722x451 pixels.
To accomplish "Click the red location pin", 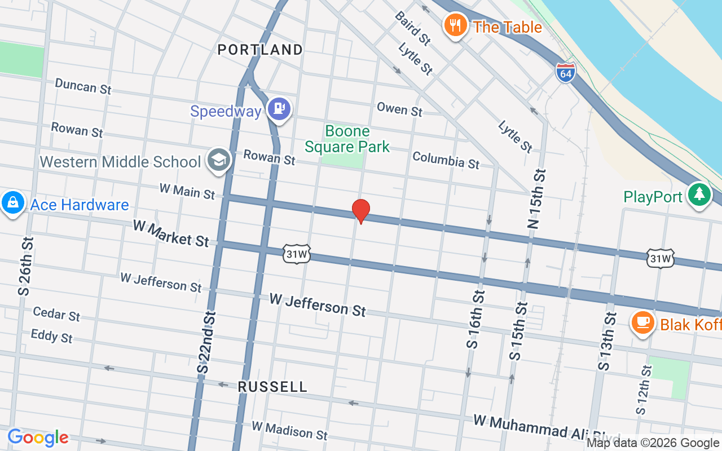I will pyautogui.click(x=361, y=210).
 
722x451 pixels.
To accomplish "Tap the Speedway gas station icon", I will pyautogui.click(x=280, y=108).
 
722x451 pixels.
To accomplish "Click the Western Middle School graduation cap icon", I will pyautogui.click(x=218, y=160).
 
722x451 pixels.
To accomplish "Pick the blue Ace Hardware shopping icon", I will pyautogui.click(x=12, y=203).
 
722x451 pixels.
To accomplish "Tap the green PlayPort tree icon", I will pyautogui.click(x=699, y=195).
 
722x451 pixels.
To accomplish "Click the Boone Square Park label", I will pyautogui.click(x=347, y=139).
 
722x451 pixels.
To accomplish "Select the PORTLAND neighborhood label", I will pyautogui.click(x=261, y=50).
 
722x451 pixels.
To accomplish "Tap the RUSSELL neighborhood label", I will pyautogui.click(x=273, y=387).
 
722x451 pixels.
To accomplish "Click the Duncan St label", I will pyautogui.click(x=83, y=86).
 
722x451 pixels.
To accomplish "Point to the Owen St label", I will pyautogui.click(x=399, y=109).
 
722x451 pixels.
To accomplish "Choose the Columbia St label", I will pyautogui.click(x=446, y=160).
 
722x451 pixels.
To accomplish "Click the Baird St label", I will pyautogui.click(x=413, y=28).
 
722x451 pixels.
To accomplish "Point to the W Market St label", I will pyautogui.click(x=171, y=233).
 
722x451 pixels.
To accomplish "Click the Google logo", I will pyautogui.click(x=38, y=437).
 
